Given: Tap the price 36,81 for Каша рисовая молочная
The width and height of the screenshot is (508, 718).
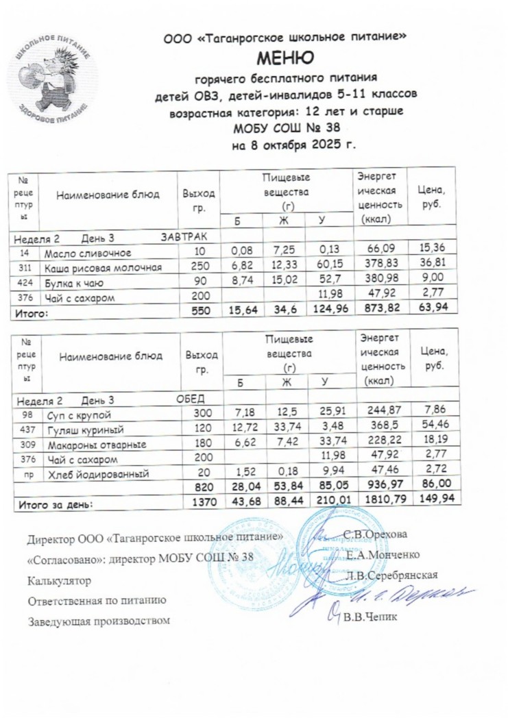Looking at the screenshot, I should (x=432, y=268).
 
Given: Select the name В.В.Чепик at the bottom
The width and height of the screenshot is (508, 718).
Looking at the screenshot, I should (x=369, y=617).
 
